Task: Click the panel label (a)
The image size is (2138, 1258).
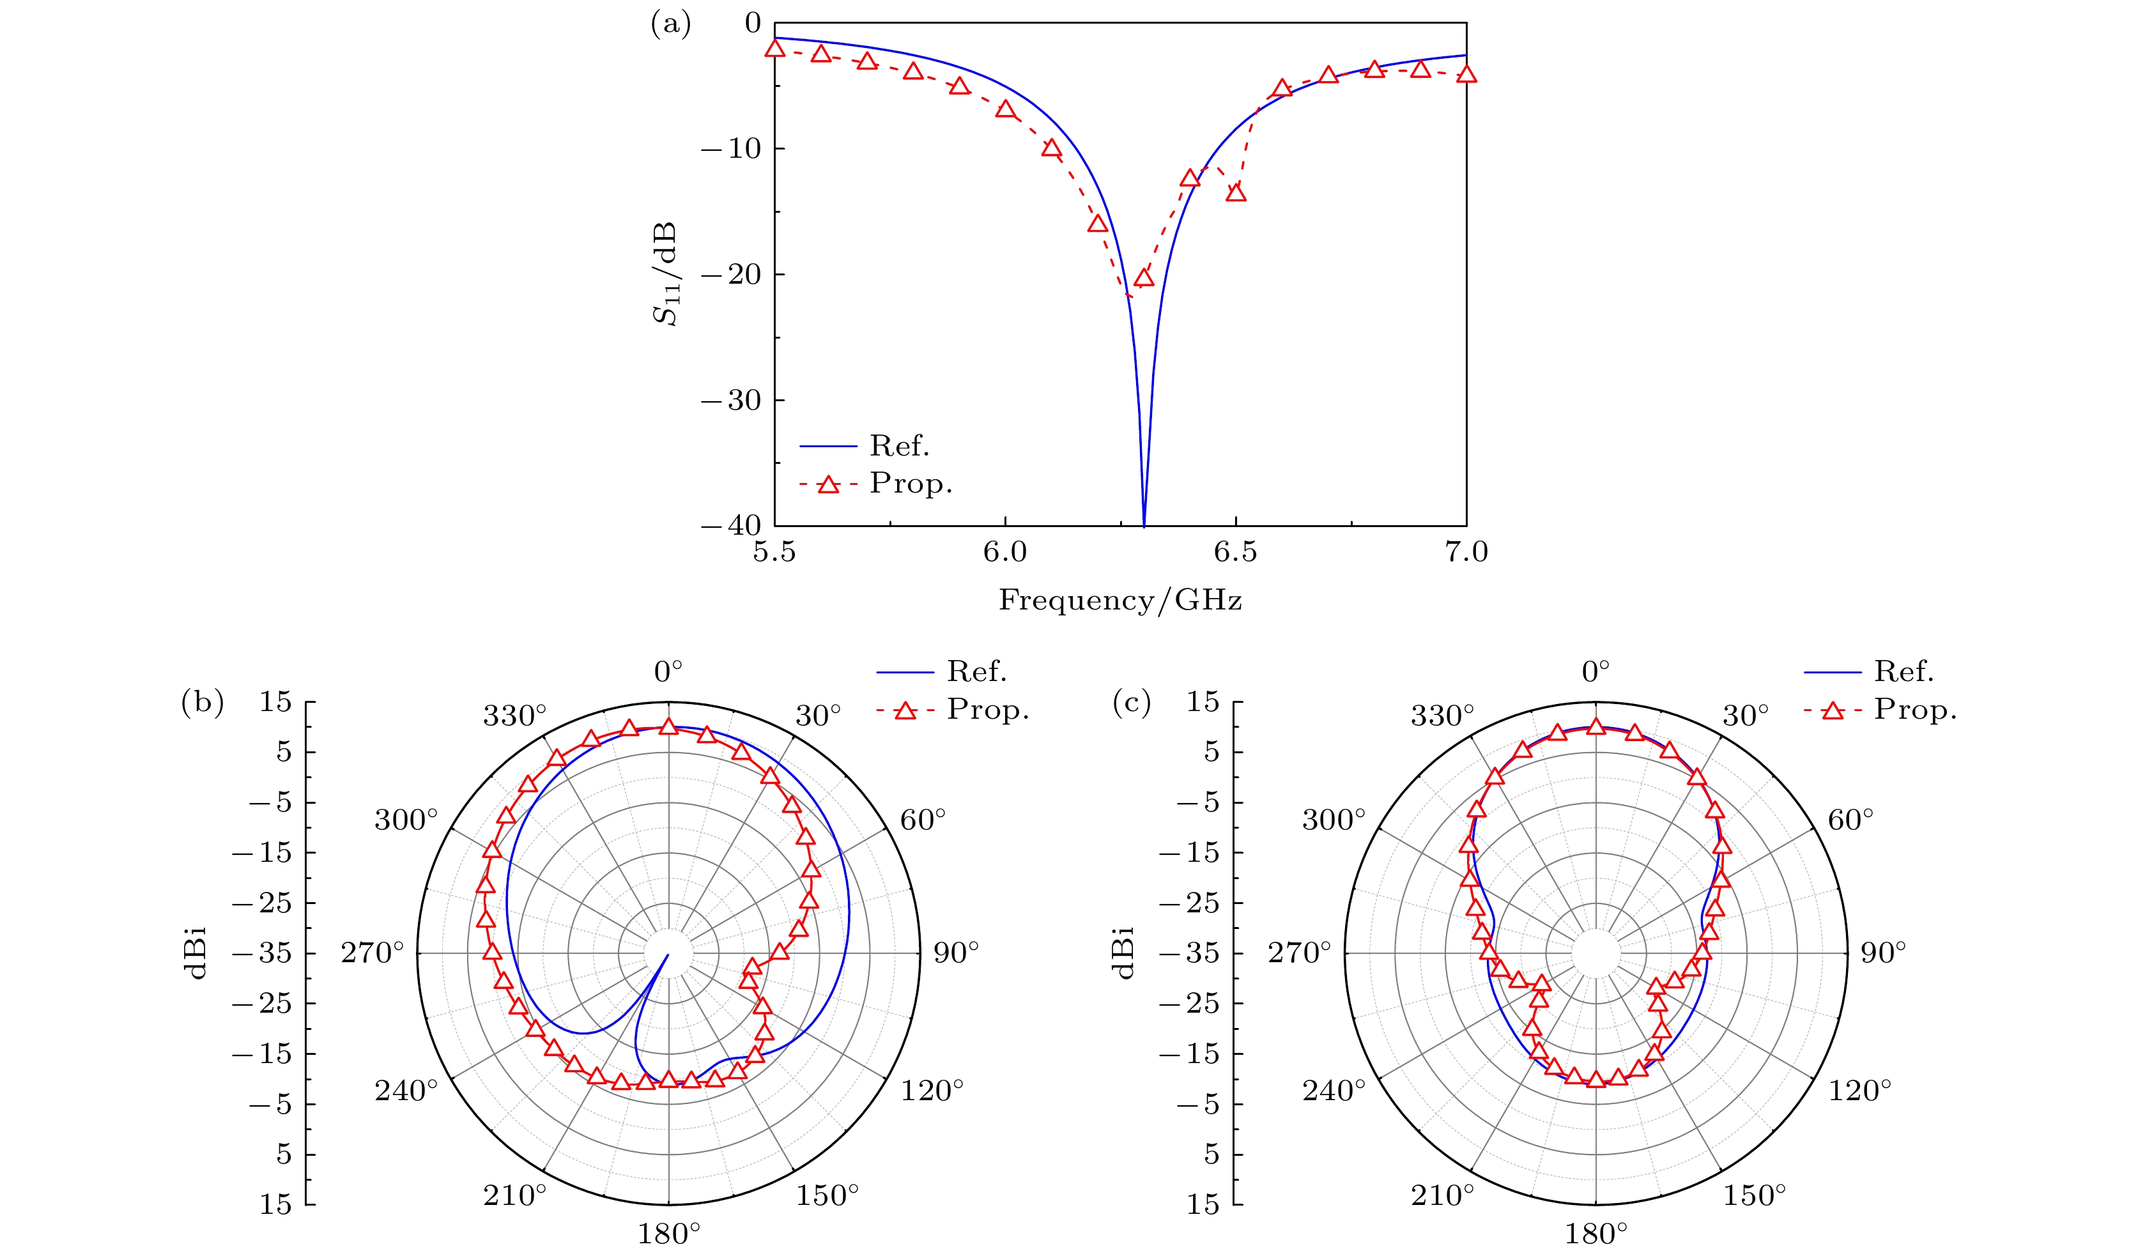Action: (670, 24)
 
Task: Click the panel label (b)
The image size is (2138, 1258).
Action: (202, 702)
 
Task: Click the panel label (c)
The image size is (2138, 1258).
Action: (1131, 702)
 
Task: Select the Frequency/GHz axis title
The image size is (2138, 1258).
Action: (1120, 600)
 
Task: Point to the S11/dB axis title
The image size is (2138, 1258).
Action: (665, 274)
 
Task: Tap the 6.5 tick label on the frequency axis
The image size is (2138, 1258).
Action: (1235, 552)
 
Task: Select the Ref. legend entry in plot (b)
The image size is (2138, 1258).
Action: (976, 672)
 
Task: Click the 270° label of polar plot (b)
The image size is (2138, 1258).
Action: (373, 953)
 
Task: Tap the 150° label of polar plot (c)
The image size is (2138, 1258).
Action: (1754, 1195)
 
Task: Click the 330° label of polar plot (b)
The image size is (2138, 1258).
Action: (515, 716)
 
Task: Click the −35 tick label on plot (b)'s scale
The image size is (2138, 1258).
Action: (261, 953)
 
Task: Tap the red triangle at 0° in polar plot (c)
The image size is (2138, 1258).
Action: (1596, 727)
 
